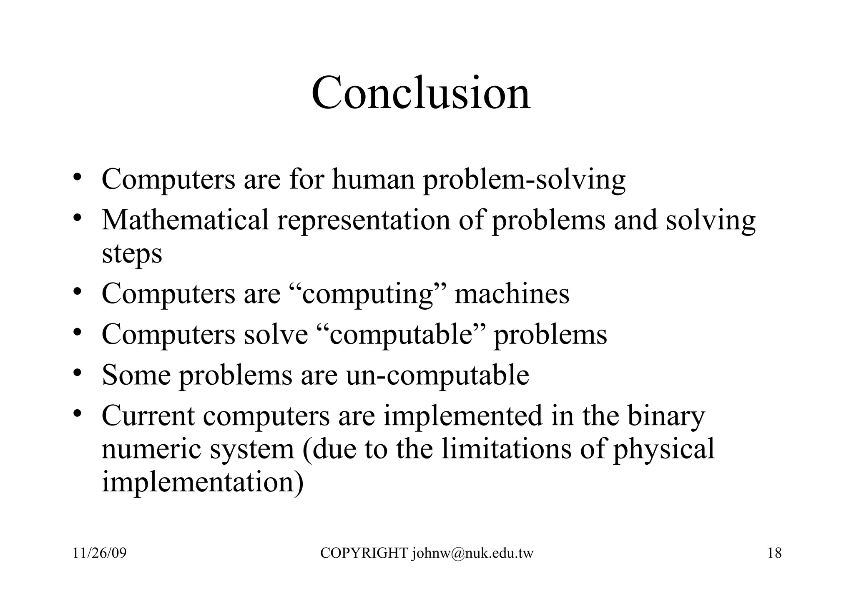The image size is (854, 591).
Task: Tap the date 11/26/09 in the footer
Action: coord(99,553)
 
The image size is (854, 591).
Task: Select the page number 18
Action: coord(774,553)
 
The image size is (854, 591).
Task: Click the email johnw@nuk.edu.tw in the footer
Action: coord(473,553)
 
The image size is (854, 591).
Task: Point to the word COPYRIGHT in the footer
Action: coord(364,553)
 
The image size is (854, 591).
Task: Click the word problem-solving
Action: coord(524,180)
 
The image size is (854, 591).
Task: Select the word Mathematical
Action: coord(185,220)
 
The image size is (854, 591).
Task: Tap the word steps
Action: coord(132,253)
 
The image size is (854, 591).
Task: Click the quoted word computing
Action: coord(367,294)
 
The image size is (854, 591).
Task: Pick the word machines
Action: coord(512,293)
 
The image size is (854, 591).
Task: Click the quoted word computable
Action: coord(400,334)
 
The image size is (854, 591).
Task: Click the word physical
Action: coord(663,449)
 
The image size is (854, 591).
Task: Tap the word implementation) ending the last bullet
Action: coord(203,482)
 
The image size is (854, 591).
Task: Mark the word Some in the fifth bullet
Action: coord(136,375)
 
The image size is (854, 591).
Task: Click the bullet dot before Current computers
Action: coord(77,414)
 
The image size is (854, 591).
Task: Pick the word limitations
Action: coord(506,449)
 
